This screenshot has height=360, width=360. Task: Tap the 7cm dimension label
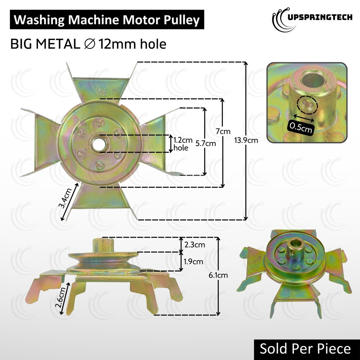click(223, 131)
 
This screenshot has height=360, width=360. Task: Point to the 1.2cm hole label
click(181, 143)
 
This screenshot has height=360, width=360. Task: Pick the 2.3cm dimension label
click(194, 244)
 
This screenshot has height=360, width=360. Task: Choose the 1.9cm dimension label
click(193, 262)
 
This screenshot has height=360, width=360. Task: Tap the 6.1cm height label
click(218, 275)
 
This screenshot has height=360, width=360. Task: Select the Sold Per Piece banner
click(305, 348)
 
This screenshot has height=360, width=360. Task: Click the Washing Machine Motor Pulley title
click(107, 20)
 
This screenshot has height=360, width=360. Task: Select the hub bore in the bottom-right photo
click(292, 244)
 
